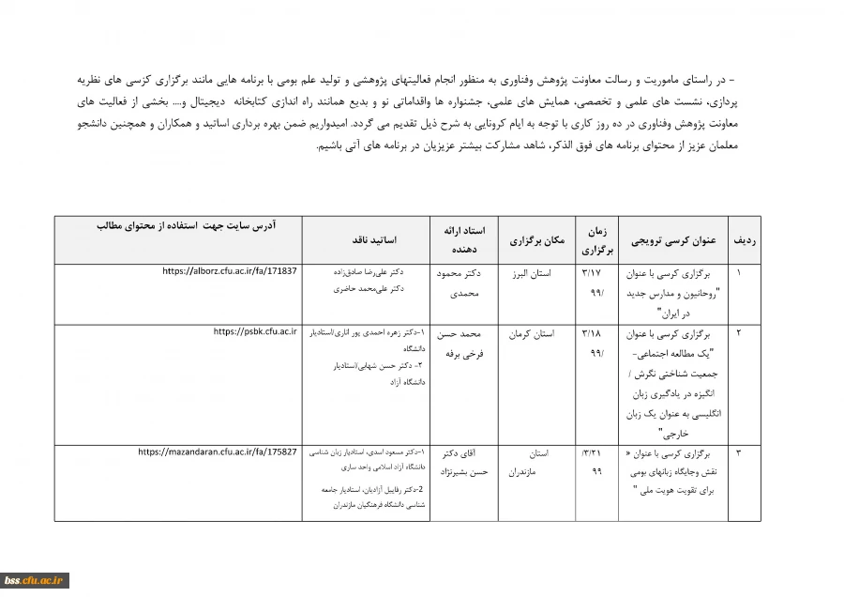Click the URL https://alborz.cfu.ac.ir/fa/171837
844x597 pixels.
coord(230,271)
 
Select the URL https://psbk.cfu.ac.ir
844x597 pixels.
coord(255,331)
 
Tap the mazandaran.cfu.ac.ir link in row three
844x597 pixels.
coord(218,452)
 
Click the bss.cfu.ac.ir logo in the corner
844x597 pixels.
coord(34,580)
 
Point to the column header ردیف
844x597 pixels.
coord(745,240)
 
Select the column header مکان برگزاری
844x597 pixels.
coord(536,240)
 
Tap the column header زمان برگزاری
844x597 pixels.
coord(596,240)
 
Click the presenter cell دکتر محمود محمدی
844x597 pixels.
coord(459,283)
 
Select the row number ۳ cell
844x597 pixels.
coord(738,453)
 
